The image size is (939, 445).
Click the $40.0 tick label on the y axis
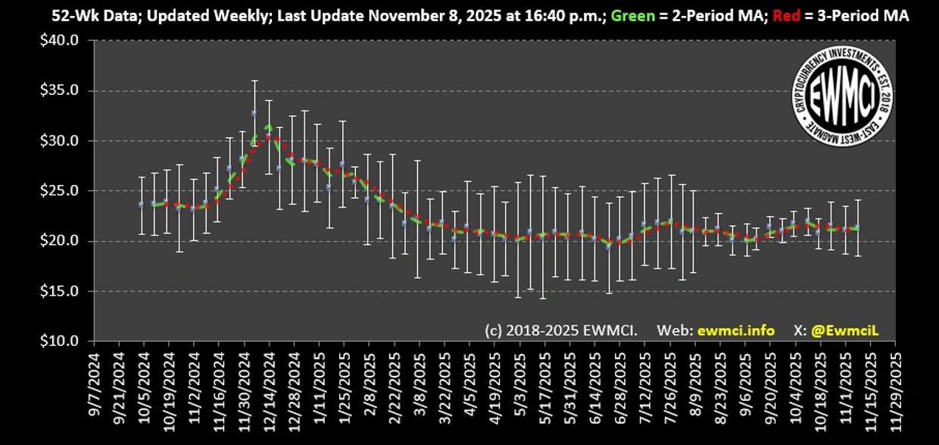(x=61, y=40)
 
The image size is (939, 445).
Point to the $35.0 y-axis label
(x=61, y=90)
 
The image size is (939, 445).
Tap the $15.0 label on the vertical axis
(x=61, y=291)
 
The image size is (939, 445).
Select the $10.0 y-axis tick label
(x=61, y=341)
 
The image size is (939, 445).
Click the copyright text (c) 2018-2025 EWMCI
(x=561, y=331)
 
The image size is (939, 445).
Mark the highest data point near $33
(x=254, y=113)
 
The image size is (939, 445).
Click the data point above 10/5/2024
(x=141, y=204)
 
